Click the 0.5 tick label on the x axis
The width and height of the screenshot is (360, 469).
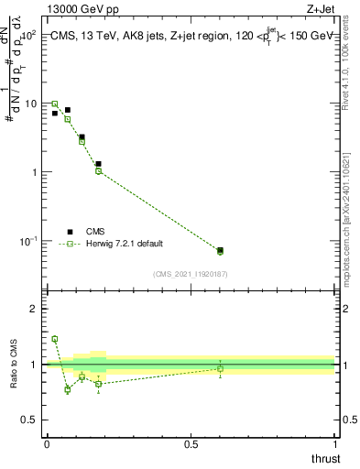click(191, 444)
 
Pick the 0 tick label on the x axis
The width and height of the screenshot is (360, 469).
click(47, 444)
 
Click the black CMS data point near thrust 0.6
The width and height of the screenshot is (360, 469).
click(220, 249)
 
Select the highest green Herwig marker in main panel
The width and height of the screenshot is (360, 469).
click(54, 104)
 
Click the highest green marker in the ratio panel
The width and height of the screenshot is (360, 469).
click(54, 339)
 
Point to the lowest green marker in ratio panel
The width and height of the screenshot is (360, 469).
click(68, 389)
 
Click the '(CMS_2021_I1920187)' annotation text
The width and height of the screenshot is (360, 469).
click(191, 273)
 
